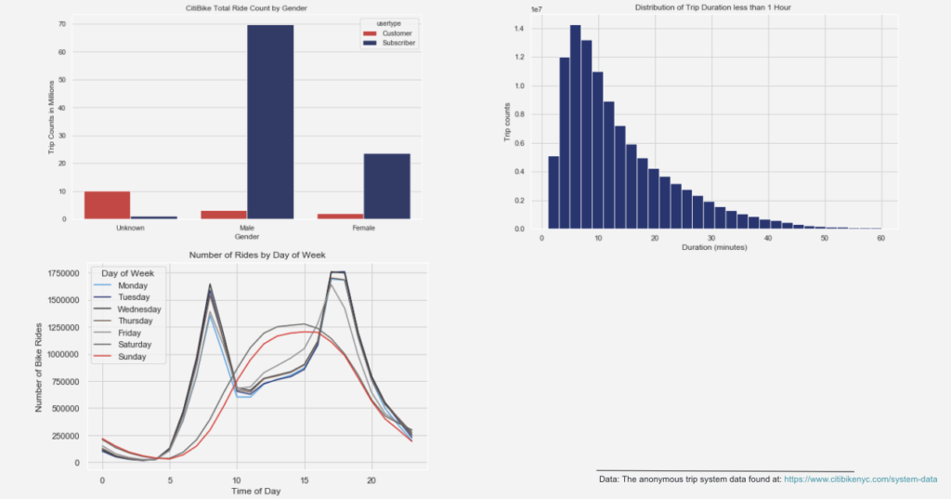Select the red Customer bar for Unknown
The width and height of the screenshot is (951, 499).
point(107,205)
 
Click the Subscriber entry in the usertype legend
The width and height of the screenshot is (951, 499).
point(395,43)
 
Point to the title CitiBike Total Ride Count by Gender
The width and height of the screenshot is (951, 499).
point(246,8)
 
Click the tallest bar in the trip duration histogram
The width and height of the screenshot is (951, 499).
point(575,126)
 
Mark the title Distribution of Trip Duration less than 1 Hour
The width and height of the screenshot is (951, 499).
point(711,7)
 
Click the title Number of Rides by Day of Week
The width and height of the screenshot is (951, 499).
point(257,255)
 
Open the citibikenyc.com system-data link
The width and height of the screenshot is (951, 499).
point(861,479)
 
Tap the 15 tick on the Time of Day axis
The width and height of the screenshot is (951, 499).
point(304,480)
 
